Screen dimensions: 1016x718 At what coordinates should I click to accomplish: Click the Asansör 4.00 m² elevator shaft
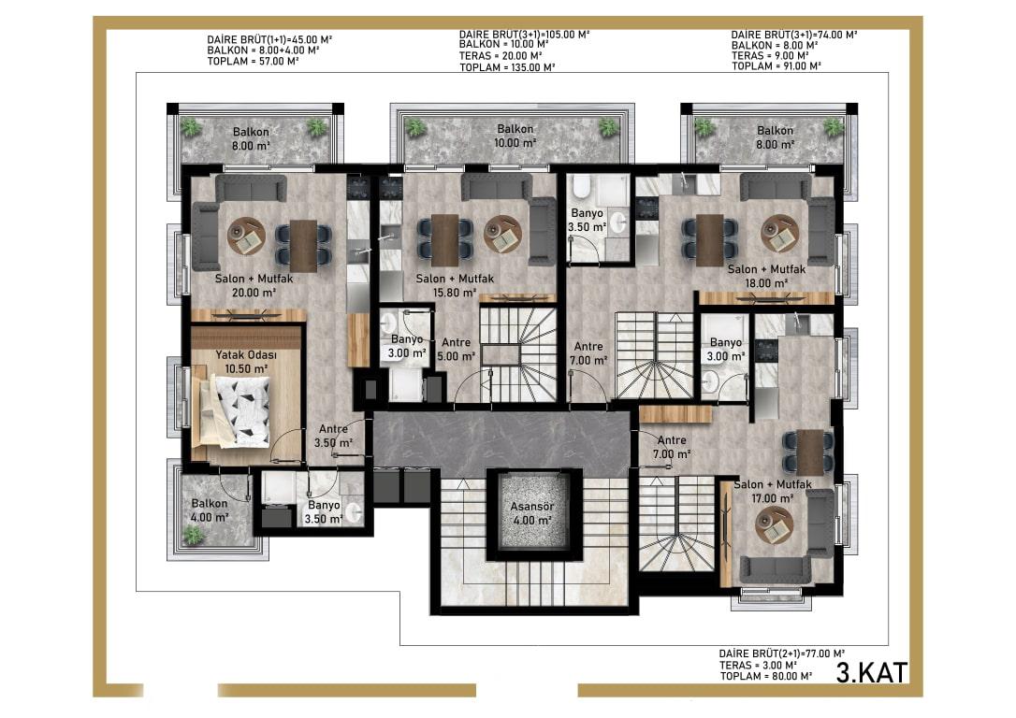click(532, 514)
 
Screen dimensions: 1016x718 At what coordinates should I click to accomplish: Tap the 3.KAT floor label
click(872, 672)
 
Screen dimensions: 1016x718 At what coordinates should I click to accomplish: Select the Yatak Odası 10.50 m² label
click(246, 362)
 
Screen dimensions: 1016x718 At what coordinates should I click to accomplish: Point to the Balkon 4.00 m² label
click(210, 510)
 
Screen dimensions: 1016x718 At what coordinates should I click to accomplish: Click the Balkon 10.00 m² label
click(515, 136)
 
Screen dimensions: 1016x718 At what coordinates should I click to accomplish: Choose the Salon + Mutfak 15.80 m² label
click(455, 285)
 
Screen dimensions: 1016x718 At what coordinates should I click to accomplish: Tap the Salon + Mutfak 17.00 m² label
click(773, 492)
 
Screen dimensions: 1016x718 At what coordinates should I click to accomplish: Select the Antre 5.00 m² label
click(457, 350)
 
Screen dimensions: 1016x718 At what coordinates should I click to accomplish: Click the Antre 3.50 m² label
click(334, 436)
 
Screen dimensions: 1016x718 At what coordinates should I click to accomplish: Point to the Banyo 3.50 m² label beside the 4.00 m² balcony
click(324, 512)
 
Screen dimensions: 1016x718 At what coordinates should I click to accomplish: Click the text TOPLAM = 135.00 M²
click(507, 66)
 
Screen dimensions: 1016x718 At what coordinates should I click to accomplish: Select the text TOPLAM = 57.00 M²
click(253, 62)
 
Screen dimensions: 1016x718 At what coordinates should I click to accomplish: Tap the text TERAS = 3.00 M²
click(758, 665)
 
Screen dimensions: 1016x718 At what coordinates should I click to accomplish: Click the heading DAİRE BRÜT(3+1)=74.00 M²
click(793, 35)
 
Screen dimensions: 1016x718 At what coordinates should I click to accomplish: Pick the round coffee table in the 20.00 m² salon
click(246, 236)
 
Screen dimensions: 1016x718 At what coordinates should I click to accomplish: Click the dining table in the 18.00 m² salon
click(709, 239)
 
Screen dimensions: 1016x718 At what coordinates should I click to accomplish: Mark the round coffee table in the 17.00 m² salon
click(775, 524)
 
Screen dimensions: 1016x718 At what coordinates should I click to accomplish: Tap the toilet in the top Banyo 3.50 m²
click(582, 186)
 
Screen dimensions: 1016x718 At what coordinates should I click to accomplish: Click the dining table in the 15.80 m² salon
click(445, 239)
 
